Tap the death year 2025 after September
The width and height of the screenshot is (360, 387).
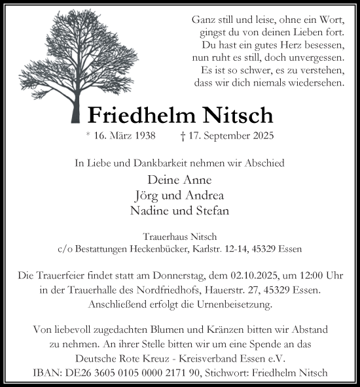click(x=260, y=137)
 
